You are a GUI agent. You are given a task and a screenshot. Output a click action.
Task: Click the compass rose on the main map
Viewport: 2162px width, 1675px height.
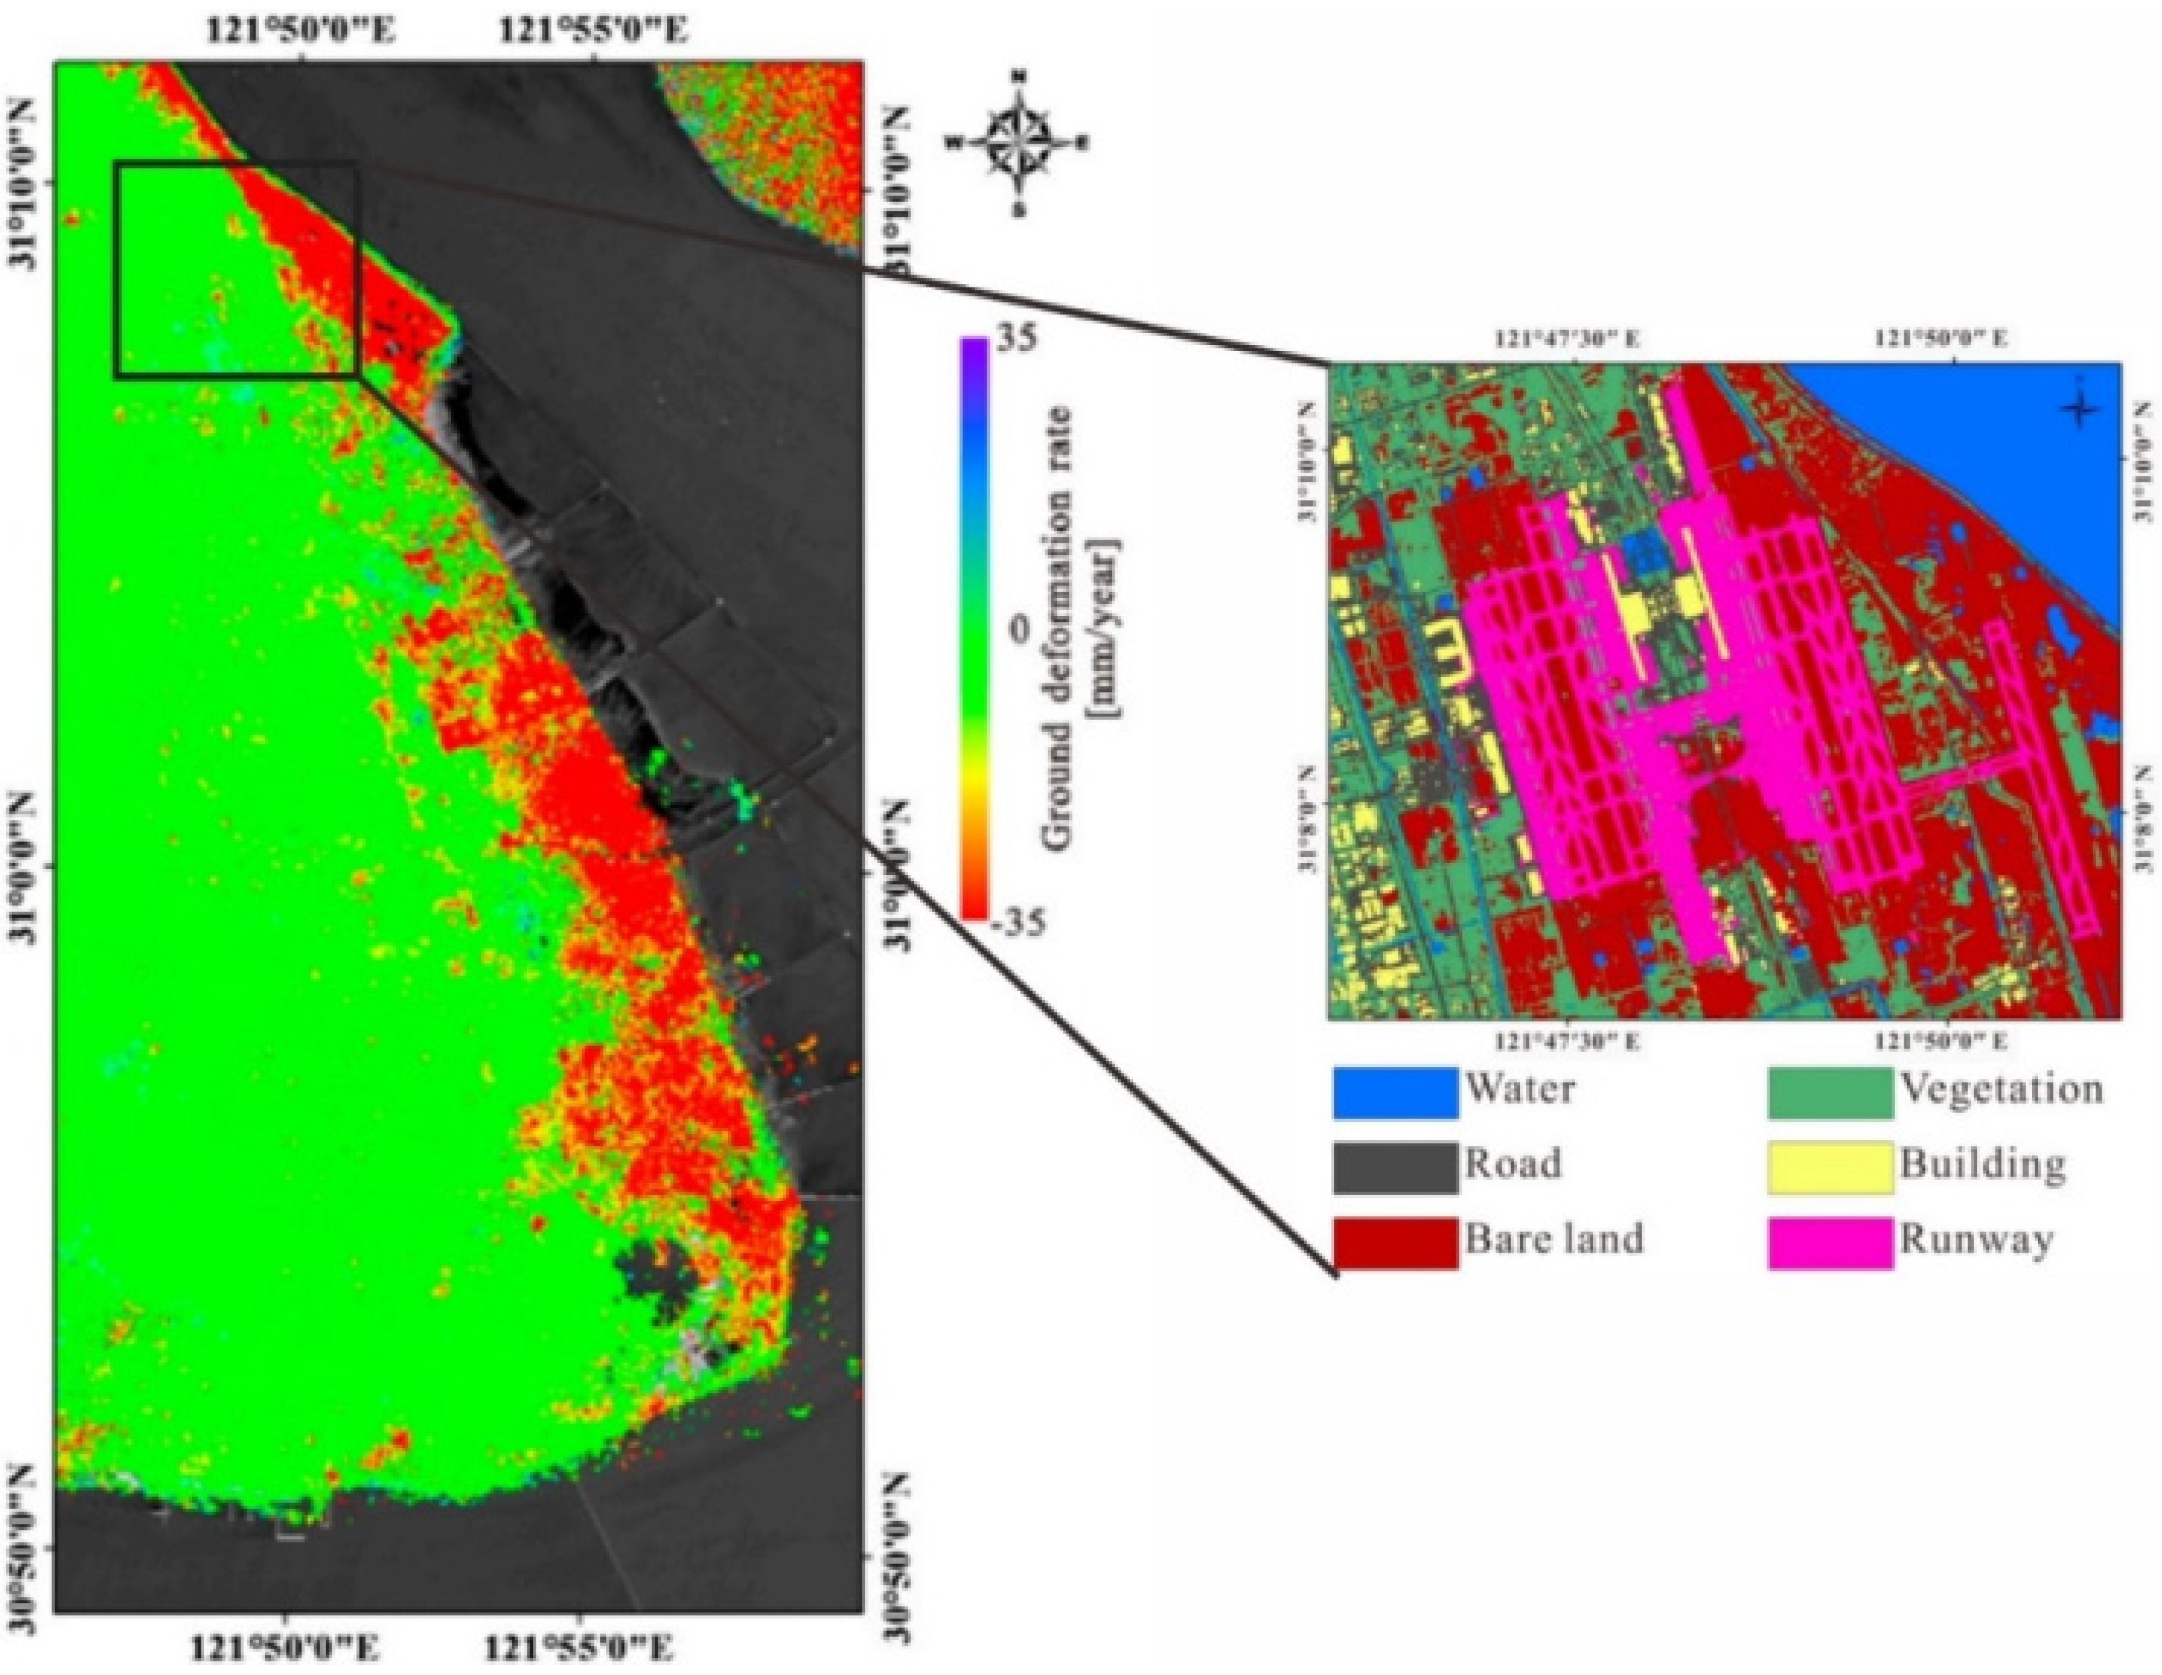pyautogui.click(x=1018, y=142)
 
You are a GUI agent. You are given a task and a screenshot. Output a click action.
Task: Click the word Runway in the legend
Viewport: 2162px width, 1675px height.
pyautogui.click(x=1975, y=1239)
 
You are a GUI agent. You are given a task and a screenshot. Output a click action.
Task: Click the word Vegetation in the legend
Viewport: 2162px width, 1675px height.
pyautogui.click(x=2000, y=1089)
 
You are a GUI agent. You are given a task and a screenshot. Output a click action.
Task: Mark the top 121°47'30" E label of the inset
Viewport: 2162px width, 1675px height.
pyautogui.click(x=1567, y=338)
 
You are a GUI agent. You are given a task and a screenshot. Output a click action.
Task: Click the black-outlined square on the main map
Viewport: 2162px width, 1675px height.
pyautogui.click(x=236, y=269)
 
